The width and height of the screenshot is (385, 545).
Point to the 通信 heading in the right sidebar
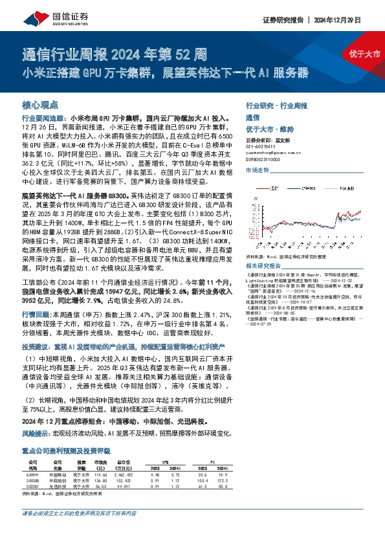pos(252,119)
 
